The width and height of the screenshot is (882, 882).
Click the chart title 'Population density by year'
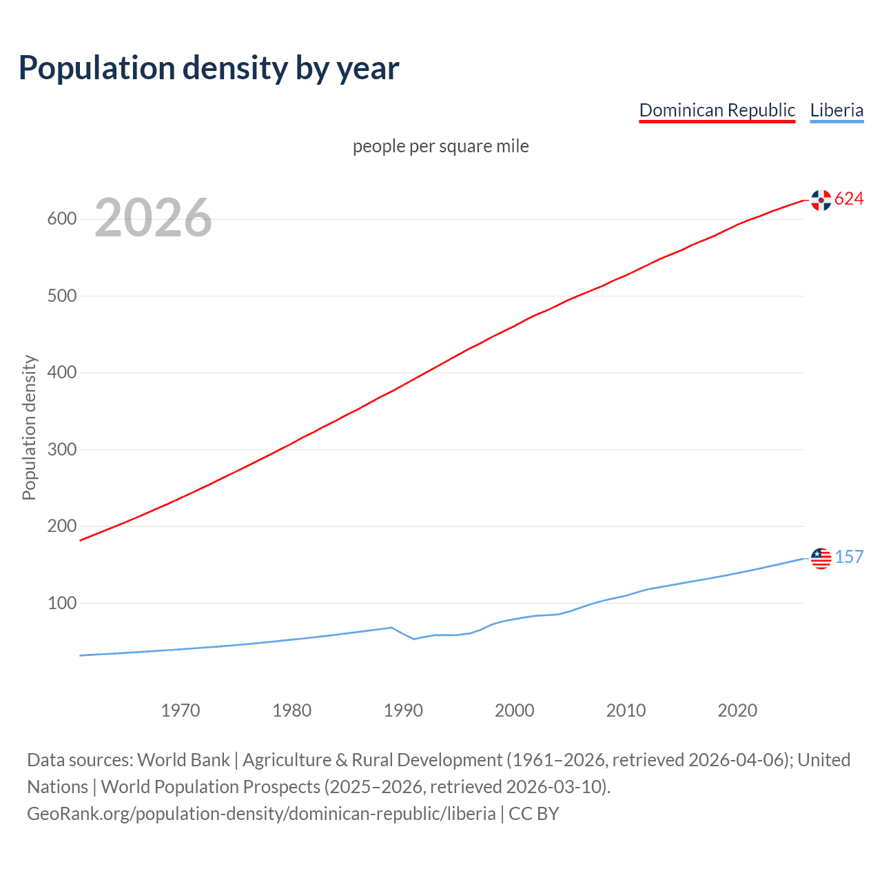[x=209, y=68]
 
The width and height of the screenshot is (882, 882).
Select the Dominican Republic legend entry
[x=717, y=110]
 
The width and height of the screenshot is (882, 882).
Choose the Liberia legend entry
[x=837, y=110]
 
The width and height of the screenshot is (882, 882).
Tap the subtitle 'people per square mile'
[x=440, y=146]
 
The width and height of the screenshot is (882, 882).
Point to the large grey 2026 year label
[x=153, y=218]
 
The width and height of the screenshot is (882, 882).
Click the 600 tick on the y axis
[x=61, y=219]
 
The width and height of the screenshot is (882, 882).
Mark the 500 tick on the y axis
[x=61, y=296]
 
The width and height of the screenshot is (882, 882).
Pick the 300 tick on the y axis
[x=61, y=449]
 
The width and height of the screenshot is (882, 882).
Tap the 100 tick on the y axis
[x=61, y=603]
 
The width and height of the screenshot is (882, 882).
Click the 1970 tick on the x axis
[x=181, y=710]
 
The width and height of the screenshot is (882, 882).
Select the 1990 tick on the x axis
[x=403, y=710]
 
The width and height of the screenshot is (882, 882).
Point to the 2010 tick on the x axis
[x=626, y=710]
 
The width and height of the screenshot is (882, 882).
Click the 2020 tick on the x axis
[x=737, y=710]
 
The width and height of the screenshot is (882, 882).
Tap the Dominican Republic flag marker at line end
[x=821, y=200]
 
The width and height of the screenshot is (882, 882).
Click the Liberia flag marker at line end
[x=821, y=558]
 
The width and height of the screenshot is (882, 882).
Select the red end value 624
[x=849, y=199]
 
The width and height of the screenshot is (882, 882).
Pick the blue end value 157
[x=849, y=557]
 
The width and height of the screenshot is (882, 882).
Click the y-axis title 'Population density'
[x=29, y=427]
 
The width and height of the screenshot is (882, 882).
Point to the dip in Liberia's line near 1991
[x=413, y=639]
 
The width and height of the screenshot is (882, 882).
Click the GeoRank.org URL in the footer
[x=261, y=814]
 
